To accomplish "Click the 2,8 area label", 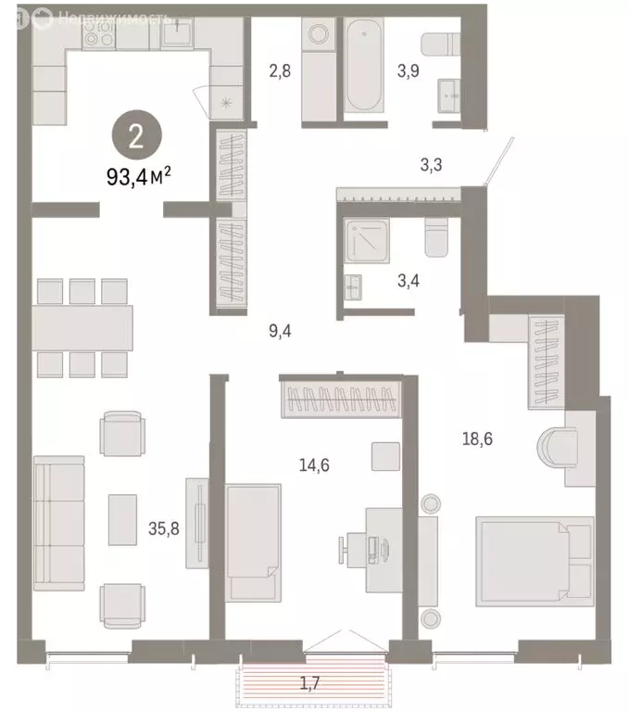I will tap(280, 70).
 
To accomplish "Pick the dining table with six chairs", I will tap(82, 326).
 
